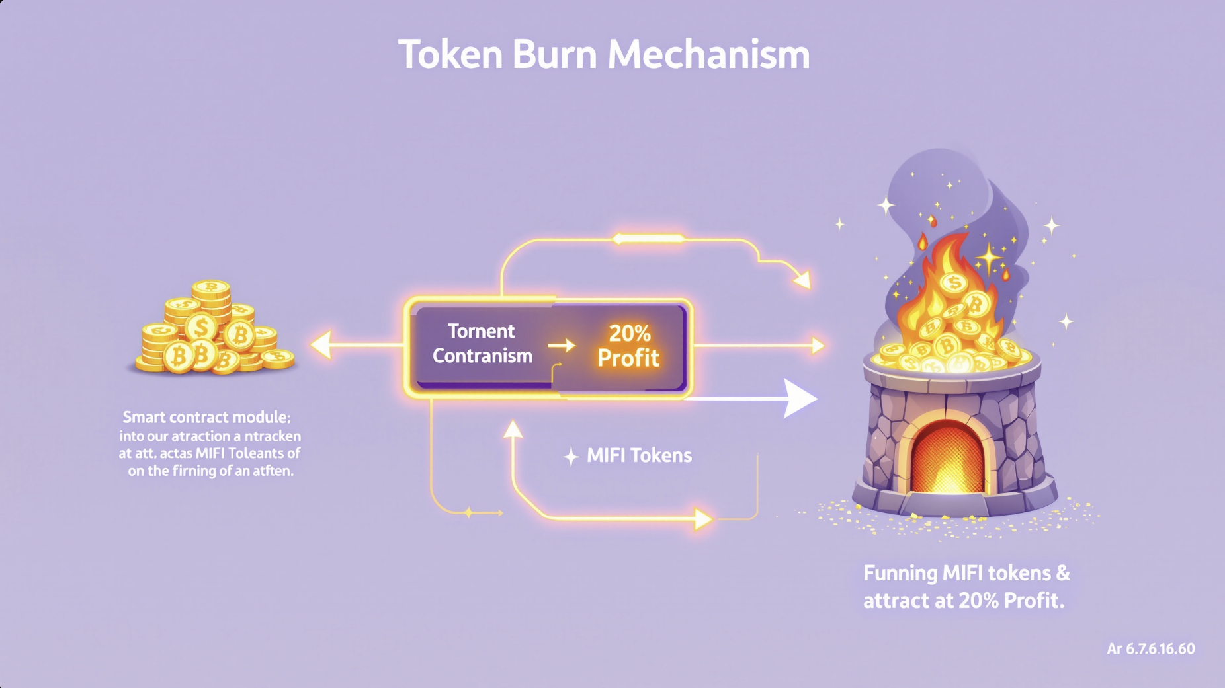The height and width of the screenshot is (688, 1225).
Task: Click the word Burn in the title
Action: click(x=554, y=54)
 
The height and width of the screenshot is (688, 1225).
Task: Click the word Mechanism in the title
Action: click(x=708, y=54)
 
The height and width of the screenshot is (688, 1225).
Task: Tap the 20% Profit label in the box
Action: click(x=628, y=346)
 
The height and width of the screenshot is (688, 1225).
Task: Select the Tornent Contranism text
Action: click(x=482, y=344)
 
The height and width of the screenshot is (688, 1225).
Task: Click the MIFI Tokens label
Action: click(x=639, y=455)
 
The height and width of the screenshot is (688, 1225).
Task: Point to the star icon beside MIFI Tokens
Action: click(x=571, y=456)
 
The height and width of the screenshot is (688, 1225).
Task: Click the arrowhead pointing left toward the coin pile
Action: click(x=322, y=345)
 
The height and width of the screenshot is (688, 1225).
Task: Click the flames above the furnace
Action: click(x=946, y=278)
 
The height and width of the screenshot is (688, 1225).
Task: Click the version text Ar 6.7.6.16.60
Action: click(x=1150, y=649)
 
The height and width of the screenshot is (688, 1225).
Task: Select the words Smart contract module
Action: click(x=206, y=418)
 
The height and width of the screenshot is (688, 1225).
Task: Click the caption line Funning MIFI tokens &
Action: click(x=966, y=573)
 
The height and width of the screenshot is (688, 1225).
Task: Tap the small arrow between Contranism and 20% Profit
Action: click(x=562, y=345)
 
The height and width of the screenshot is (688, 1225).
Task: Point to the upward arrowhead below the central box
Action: click(x=513, y=430)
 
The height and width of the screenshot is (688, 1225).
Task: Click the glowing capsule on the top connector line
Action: click(x=649, y=239)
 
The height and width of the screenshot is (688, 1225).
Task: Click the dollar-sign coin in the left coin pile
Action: click(x=201, y=327)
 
